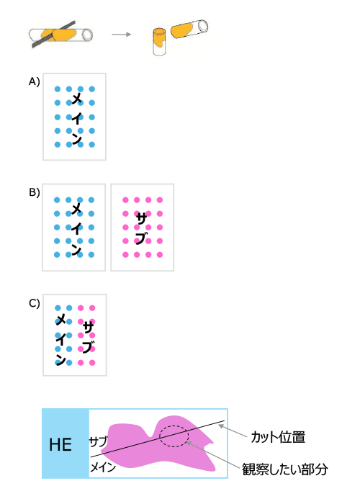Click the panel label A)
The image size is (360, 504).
click(x=34, y=81)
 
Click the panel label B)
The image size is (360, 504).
click(x=34, y=192)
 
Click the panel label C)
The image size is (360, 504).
click(x=34, y=303)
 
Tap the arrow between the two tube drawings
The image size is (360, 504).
click(x=122, y=34)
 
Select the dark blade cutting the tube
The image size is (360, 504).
click(x=53, y=35)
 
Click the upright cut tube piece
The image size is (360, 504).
click(x=159, y=42)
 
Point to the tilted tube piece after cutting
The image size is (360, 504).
click(x=189, y=29)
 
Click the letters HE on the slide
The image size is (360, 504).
click(x=60, y=445)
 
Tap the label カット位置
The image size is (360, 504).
click(x=278, y=437)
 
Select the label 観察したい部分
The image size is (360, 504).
click(x=285, y=469)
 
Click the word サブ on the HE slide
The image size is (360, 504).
click(x=98, y=441)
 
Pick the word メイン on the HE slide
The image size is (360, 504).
click(x=102, y=467)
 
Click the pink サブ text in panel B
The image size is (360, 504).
click(x=141, y=228)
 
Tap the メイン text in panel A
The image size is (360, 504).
click(x=76, y=117)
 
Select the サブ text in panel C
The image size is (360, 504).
click(x=89, y=337)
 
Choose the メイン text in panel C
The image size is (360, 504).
click(x=60, y=339)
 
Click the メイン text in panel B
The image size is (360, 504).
click(x=76, y=228)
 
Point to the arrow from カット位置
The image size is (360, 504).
click(x=233, y=431)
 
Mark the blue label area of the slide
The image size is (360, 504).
click(x=66, y=444)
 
